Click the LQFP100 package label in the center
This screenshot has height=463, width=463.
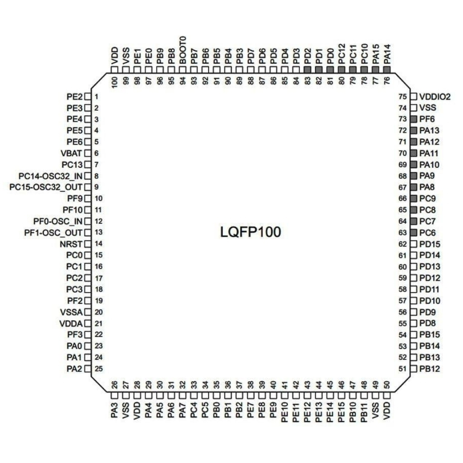250,232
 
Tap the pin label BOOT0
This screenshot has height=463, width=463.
183,50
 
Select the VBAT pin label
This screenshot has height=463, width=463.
71,153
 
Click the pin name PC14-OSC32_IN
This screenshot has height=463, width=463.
51,176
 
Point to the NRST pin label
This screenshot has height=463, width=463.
71,244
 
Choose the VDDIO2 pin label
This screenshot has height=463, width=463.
435,97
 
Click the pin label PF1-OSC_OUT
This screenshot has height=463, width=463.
53,233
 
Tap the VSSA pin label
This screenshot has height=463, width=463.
71,312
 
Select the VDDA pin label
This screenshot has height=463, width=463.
71,324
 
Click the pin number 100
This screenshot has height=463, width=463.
114,82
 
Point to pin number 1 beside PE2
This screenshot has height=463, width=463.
96,97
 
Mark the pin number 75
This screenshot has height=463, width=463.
403,97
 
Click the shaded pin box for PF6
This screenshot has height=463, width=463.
414,119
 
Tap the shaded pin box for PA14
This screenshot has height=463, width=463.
387,70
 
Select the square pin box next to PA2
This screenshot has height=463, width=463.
88,369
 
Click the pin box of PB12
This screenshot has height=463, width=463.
414,369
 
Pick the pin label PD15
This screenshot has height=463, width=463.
430,244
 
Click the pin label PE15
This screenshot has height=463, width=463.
341,412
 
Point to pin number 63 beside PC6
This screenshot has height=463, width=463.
403,233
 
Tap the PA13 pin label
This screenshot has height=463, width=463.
430,131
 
